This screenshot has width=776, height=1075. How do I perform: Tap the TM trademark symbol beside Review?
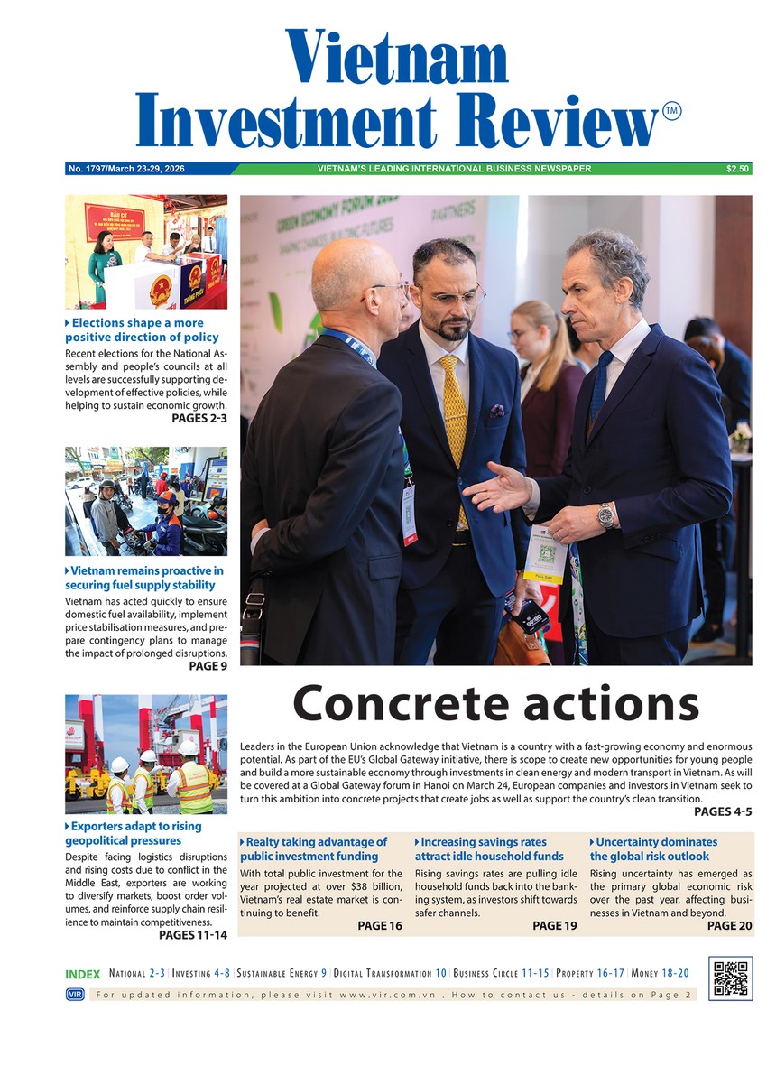pyautogui.click(x=671, y=111)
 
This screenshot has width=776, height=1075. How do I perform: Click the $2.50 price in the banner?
pyautogui.click(x=737, y=169)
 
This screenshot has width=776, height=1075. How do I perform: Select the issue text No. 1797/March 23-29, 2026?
pyautogui.click(x=126, y=169)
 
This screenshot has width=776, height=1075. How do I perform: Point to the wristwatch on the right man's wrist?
pyautogui.click(x=605, y=515)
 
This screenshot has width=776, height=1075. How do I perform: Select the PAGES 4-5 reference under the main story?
pyautogui.click(x=723, y=811)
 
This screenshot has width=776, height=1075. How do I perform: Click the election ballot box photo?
pyautogui.click(x=146, y=252)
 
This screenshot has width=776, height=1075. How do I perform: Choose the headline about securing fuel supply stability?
pyautogui.click(x=144, y=579)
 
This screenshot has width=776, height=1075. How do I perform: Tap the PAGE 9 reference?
pyautogui.click(x=208, y=666)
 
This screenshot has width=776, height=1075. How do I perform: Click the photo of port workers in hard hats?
pyautogui.click(x=146, y=754)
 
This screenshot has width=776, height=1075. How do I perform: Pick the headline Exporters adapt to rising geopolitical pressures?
pyautogui.click(x=134, y=834)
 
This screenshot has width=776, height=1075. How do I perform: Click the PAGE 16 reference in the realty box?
pyautogui.click(x=379, y=926)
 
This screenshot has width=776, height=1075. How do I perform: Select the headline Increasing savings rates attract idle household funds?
pyautogui.click(x=489, y=849)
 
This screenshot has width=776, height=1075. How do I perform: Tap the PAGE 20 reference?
pyautogui.click(x=729, y=926)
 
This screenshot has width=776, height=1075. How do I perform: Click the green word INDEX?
pyautogui.click(x=83, y=975)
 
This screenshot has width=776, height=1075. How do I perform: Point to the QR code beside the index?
pyautogui.click(x=730, y=978)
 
